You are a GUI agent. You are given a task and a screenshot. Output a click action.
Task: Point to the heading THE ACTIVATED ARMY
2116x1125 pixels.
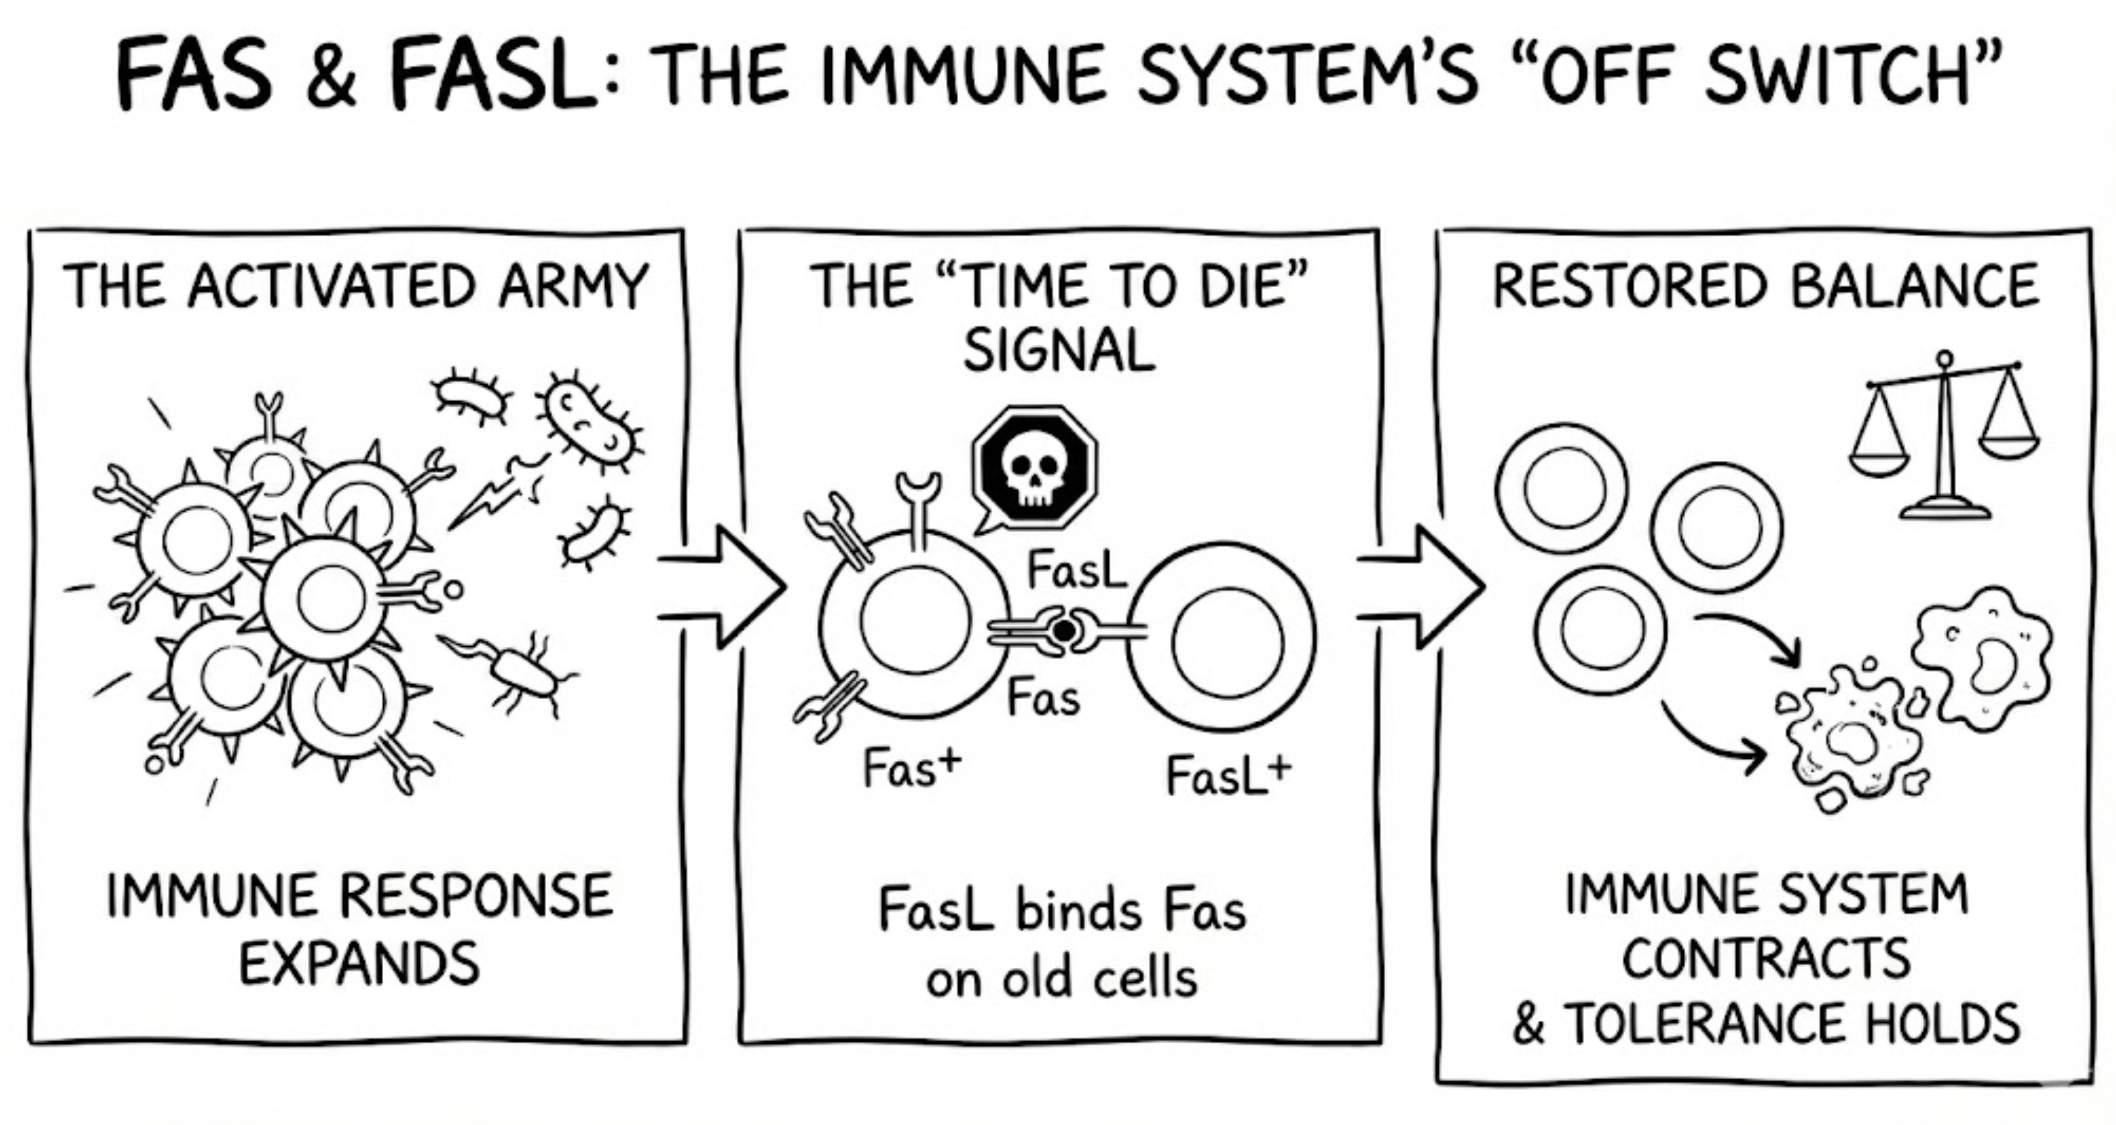click(x=355, y=288)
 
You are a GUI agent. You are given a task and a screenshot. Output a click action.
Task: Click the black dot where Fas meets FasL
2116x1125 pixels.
click(x=1064, y=631)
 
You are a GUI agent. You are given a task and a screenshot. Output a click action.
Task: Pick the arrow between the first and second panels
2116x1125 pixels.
click(x=723, y=587)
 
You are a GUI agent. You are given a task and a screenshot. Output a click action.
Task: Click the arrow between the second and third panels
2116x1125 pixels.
click(x=1422, y=587)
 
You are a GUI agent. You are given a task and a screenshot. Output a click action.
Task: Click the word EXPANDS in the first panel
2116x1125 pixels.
click(x=359, y=963)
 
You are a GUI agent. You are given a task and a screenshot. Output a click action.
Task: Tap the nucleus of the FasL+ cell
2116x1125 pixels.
click(x=1228, y=641)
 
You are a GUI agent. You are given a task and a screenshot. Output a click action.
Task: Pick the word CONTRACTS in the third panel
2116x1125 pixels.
click(x=1766, y=959)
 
